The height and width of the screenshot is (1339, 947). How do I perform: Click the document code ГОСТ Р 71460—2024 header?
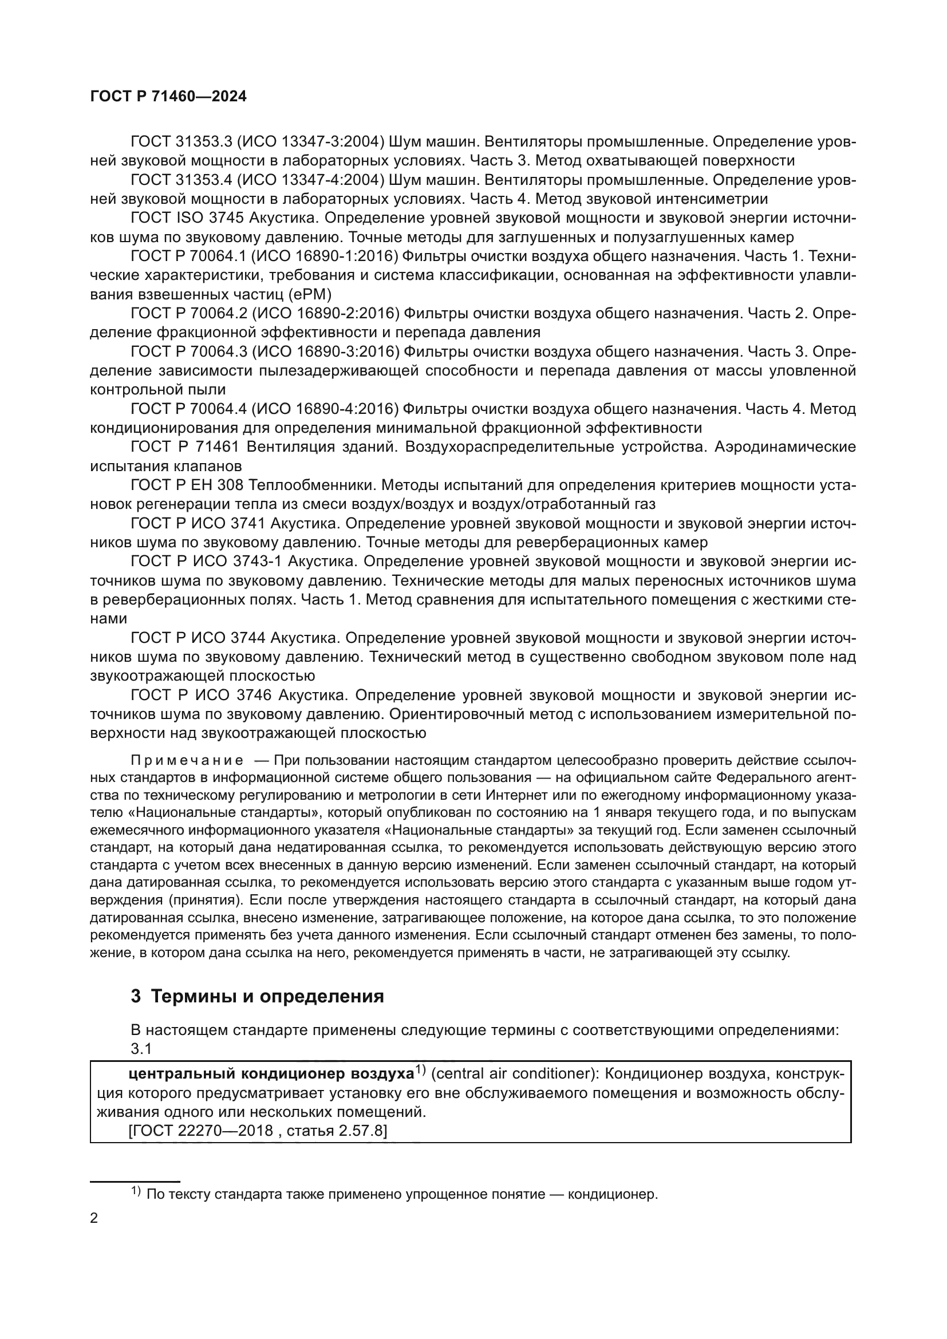pyautogui.click(x=168, y=97)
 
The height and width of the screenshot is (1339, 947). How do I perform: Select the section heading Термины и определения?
pyautogui.click(x=267, y=996)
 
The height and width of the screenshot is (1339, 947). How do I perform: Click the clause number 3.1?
pyautogui.click(x=141, y=1049)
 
